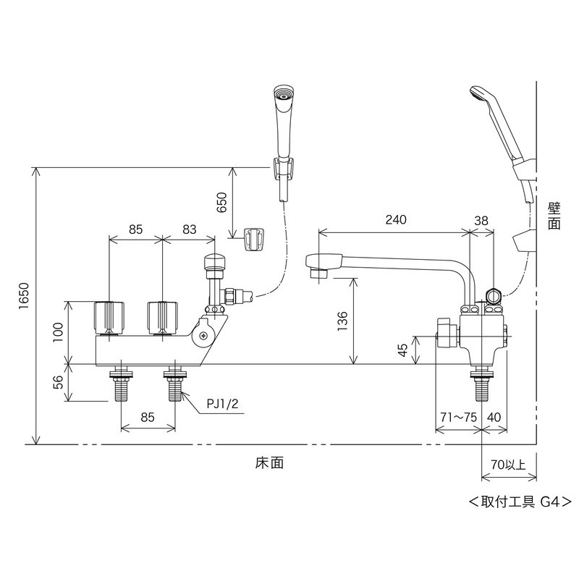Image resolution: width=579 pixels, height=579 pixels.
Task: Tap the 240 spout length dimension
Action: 396,220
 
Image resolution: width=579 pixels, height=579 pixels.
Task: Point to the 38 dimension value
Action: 482,220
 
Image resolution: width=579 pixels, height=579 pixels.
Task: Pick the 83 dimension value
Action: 189,229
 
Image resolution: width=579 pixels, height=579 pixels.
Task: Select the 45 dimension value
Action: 403,352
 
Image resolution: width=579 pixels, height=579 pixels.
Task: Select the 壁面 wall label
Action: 554,215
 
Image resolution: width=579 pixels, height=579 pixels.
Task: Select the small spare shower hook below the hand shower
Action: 253,239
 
